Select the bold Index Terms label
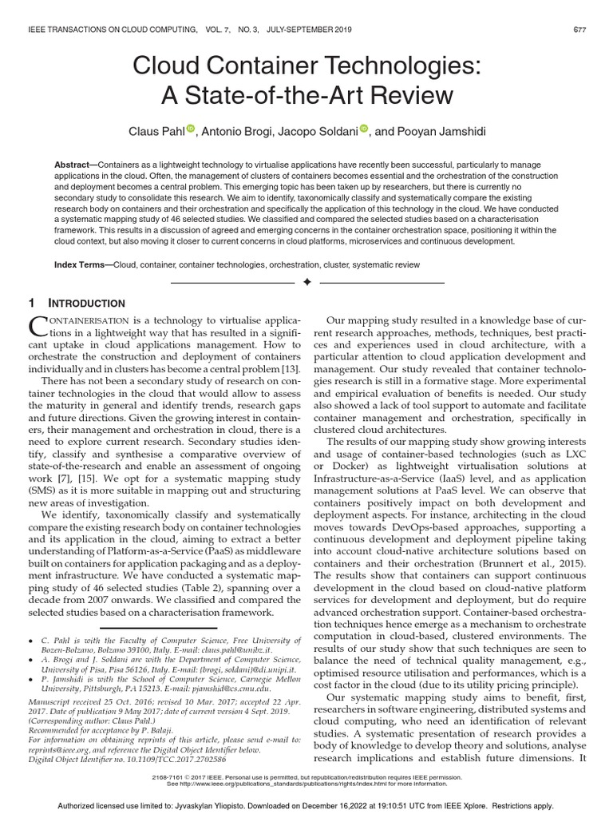click(x=82, y=264)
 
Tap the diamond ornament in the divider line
click(x=306, y=283)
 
